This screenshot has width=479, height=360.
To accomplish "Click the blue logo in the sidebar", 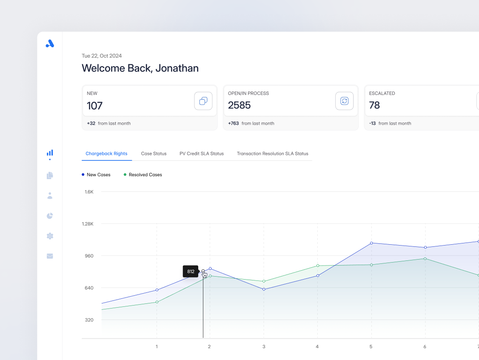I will pyautogui.click(x=50, y=43).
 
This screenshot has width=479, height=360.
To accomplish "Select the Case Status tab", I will pyautogui.click(x=154, y=154).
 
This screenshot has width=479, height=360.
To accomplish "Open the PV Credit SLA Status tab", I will pyautogui.click(x=201, y=154).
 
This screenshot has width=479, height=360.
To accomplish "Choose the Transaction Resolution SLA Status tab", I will pyautogui.click(x=272, y=154).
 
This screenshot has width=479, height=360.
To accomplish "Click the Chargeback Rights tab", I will pyautogui.click(x=106, y=154).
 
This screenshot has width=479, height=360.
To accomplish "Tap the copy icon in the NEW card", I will pyautogui.click(x=203, y=101).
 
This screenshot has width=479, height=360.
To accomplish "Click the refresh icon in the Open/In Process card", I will pyautogui.click(x=344, y=101).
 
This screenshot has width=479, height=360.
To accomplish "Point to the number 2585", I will pyautogui.click(x=239, y=105).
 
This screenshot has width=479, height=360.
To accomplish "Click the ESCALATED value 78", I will pyautogui.click(x=374, y=105).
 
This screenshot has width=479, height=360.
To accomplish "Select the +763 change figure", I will pyautogui.click(x=234, y=123).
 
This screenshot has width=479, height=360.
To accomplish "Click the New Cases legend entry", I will pyautogui.click(x=96, y=175).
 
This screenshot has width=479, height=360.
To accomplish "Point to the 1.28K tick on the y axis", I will pyautogui.click(x=88, y=224).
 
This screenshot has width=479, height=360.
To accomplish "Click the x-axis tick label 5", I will pyautogui.click(x=371, y=347).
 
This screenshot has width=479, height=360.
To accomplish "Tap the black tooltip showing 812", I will pyautogui.click(x=191, y=271).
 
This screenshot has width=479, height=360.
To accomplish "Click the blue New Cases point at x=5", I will pyautogui.click(x=371, y=243).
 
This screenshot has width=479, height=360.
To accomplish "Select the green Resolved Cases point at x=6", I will pyautogui.click(x=425, y=259).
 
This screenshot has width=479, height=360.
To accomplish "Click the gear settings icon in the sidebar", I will pyautogui.click(x=50, y=236).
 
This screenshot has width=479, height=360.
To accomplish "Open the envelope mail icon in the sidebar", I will pyautogui.click(x=50, y=256).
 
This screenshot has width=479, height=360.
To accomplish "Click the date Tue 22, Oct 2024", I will pyautogui.click(x=102, y=56).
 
